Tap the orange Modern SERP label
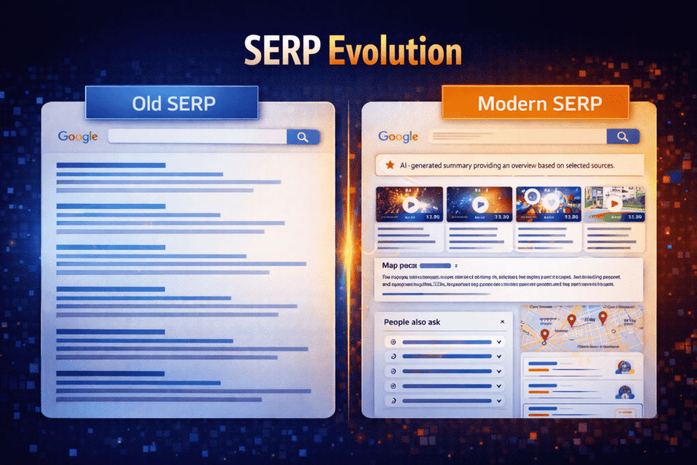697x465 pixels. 534,104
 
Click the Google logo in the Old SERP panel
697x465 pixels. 78,137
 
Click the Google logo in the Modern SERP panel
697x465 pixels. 398,137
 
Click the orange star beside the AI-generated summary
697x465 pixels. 390,165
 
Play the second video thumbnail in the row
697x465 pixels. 480,204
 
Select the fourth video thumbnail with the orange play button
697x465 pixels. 615,203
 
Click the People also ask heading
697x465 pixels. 412,321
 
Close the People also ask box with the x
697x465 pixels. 502,321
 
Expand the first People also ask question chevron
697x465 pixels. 499,342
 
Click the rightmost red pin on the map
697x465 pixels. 602,318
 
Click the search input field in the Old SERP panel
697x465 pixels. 197,137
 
